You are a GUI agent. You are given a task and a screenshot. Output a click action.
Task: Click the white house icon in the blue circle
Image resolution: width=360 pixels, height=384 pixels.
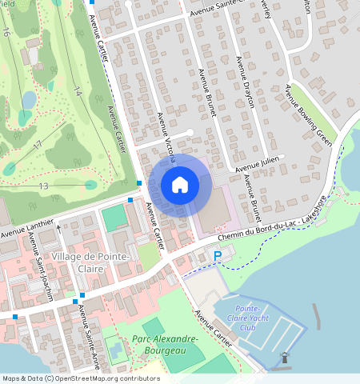[x=180, y=186]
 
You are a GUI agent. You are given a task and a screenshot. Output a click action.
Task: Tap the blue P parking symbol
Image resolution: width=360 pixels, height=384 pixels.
[x=218, y=256]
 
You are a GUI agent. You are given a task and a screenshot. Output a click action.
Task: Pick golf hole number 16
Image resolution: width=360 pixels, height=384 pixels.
[x=6, y=33]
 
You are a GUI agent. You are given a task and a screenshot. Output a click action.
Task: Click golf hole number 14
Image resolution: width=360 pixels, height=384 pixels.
[x=78, y=93]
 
